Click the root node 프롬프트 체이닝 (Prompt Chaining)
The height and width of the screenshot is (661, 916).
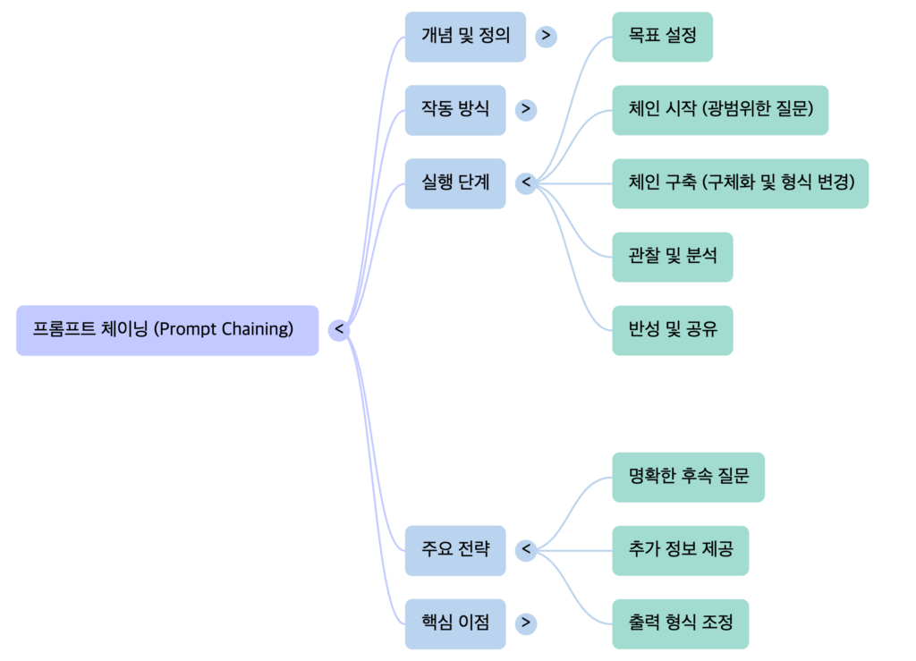tap(167, 330)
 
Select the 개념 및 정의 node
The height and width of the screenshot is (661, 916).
tap(465, 37)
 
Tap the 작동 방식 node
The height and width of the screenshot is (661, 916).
tap(455, 110)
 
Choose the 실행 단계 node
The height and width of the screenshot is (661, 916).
tap(455, 183)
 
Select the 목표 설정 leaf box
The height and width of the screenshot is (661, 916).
tap(662, 37)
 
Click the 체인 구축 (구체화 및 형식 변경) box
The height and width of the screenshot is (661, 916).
tap(740, 183)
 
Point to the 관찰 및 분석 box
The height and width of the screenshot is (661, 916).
tap(672, 257)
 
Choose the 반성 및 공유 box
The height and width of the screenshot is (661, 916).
tap(672, 330)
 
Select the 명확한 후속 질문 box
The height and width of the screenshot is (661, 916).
tap(688, 477)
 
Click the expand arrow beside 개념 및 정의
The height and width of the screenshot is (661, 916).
tap(546, 37)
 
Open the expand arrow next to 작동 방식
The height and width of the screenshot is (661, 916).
tap(526, 110)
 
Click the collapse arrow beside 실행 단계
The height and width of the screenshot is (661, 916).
tap(526, 183)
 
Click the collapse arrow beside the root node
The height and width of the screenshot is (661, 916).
tap(338, 330)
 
